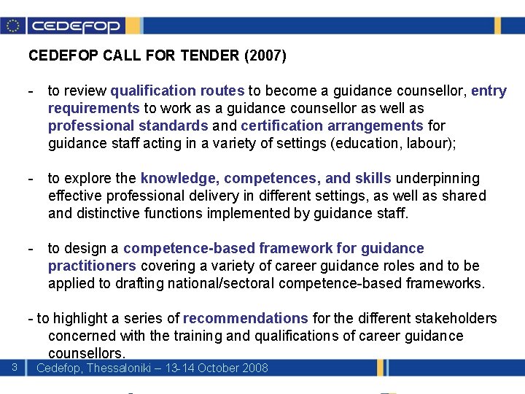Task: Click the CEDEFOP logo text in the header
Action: pos(75,26)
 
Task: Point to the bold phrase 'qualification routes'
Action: pos(177,91)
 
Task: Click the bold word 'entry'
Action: pos(489,91)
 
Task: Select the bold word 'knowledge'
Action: pos(179,179)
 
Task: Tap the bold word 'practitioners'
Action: pos(92,266)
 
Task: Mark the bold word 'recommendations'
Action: pos(246,319)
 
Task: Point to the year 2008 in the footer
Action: pos(254,368)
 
